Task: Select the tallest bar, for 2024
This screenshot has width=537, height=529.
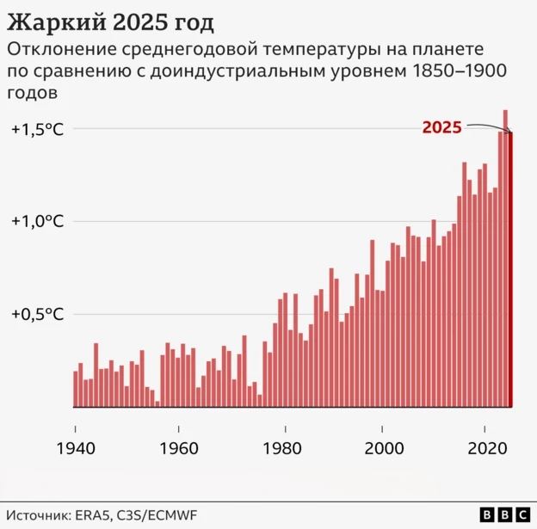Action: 505,258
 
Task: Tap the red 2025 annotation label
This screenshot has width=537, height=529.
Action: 441,128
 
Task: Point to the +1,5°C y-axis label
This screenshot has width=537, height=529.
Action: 38,129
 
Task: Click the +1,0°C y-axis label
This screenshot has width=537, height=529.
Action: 38,221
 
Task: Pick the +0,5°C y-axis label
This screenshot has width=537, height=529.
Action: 38,314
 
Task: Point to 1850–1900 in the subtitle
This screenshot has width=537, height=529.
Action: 455,71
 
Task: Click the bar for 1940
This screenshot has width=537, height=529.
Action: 76,389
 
